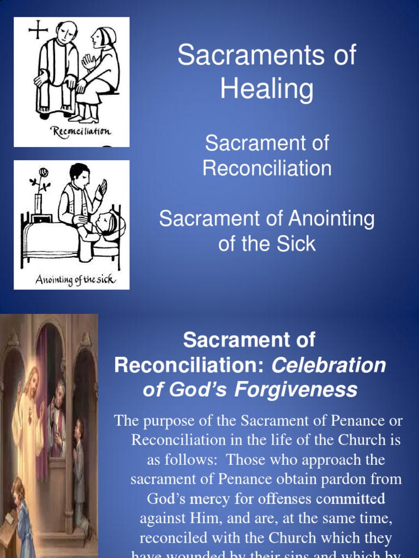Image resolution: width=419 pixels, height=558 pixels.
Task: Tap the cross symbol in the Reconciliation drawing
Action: click(38, 29)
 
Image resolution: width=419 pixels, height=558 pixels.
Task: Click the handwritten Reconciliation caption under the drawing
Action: click(81, 131)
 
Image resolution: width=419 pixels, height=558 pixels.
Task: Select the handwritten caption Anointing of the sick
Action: click(75, 280)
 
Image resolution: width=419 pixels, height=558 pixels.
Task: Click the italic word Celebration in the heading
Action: click(328, 365)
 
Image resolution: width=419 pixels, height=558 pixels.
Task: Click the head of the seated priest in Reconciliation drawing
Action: click(67, 33)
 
